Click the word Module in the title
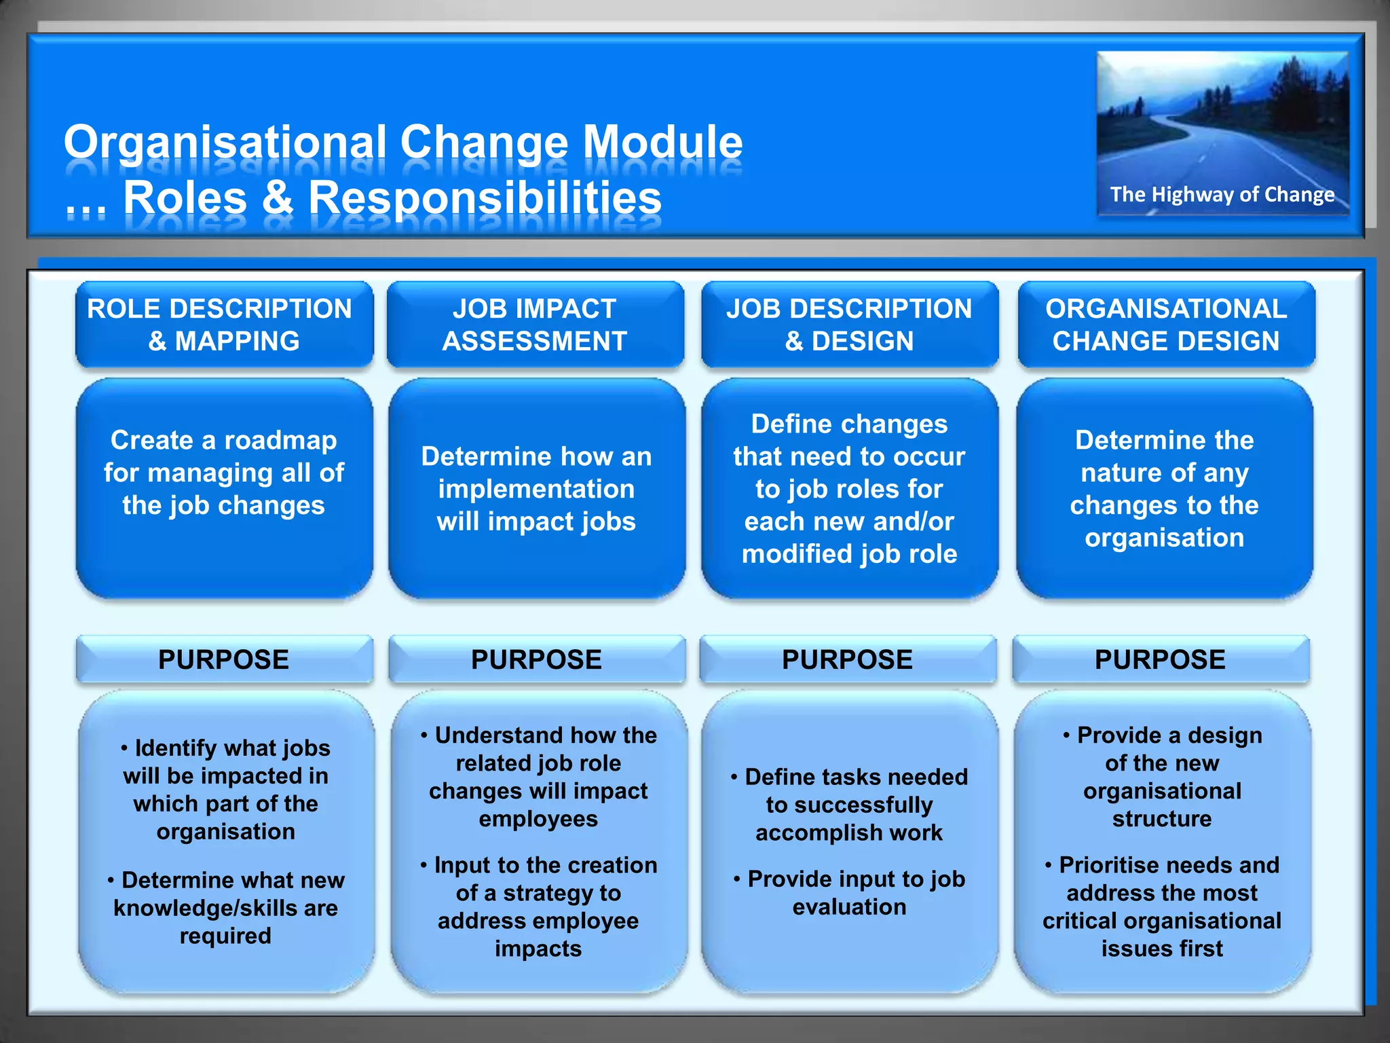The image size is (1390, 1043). point(662,143)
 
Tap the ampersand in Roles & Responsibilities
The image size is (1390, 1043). point(277,198)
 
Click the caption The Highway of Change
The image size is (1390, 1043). point(1222,195)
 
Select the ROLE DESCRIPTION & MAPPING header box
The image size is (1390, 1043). point(224,325)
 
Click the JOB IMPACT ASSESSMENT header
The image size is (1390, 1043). point(535,325)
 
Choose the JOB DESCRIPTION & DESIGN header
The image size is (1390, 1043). point(849,325)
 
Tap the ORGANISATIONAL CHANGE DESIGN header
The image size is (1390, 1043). point(1165,325)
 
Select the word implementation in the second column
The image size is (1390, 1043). point(536,489)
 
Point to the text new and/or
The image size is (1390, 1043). point(882,521)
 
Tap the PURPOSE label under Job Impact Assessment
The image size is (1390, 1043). point(536,659)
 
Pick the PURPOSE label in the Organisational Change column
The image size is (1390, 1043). point(1160,659)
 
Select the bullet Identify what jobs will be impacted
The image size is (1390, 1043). point(225,789)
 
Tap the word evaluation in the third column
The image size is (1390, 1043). point(849,907)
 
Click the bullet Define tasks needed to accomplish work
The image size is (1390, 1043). point(849,805)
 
